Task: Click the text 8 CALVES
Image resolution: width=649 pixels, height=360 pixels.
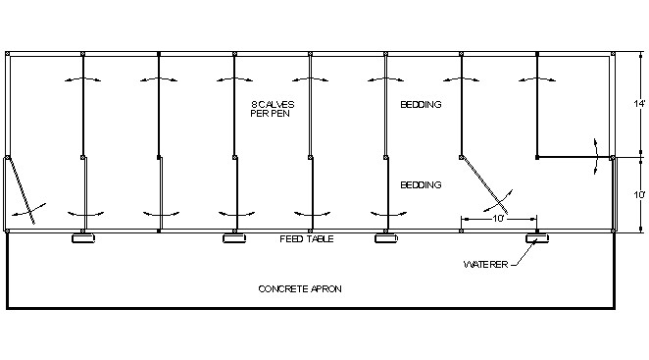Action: tap(272, 103)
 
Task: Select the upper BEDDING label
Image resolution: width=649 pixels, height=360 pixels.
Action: tap(420, 104)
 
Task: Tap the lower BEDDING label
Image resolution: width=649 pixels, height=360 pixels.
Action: tap(420, 184)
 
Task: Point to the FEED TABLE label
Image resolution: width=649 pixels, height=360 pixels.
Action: tap(303, 239)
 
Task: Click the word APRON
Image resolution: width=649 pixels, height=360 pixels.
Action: tap(327, 288)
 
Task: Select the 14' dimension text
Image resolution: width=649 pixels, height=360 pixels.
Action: tap(639, 103)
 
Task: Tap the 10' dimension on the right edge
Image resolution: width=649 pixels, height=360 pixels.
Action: tap(639, 194)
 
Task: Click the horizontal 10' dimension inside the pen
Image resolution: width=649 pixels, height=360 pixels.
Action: tap(500, 218)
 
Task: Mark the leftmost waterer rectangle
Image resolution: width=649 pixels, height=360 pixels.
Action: tap(81, 238)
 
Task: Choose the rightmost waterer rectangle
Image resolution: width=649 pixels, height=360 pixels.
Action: tap(537, 238)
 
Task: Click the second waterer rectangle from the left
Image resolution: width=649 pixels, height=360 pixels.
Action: tap(233, 238)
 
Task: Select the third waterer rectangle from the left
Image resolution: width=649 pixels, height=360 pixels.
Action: tap(384, 238)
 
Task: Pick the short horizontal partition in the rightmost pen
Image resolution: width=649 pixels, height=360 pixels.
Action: tap(574, 157)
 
